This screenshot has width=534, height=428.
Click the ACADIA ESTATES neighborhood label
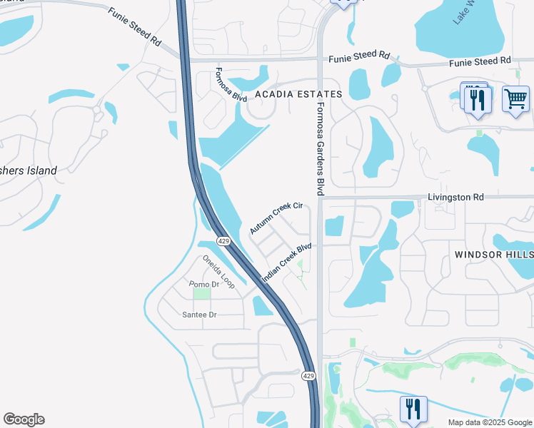(x=295, y=94)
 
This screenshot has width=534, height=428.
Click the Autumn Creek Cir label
(x=276, y=218)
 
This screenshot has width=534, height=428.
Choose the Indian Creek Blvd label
(x=286, y=263)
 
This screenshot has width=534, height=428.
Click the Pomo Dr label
(x=203, y=284)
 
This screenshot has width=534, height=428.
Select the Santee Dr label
(x=199, y=315)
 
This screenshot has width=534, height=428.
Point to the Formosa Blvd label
(x=231, y=85)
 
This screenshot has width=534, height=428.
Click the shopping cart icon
(x=515, y=98)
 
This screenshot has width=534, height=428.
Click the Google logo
(x=24, y=419)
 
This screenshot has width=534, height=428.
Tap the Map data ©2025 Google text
(x=490, y=422)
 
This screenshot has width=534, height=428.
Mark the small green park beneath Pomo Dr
(x=202, y=294)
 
